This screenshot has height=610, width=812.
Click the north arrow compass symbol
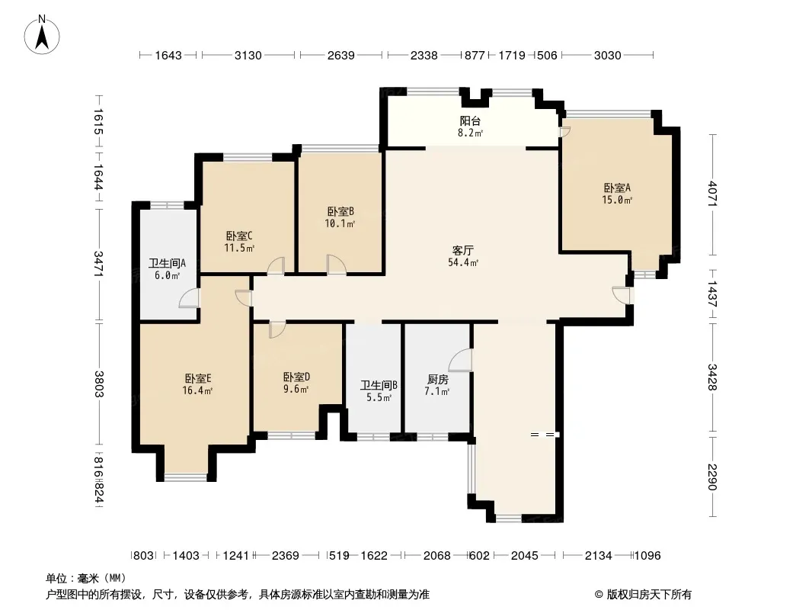point(42,35)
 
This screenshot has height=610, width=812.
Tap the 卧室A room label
point(617,188)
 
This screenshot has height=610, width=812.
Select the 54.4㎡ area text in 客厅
point(463,263)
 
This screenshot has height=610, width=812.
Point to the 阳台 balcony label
point(470,120)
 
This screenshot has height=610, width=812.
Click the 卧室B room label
point(340,211)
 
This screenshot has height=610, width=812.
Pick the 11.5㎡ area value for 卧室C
point(239,249)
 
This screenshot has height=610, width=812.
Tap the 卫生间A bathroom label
point(167,263)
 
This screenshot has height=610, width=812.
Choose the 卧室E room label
point(198,378)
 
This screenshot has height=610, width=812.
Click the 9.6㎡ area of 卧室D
point(296,389)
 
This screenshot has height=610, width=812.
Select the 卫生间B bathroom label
point(379,385)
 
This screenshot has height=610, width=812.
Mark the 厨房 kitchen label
point(437,380)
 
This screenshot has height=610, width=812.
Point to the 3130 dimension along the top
point(248,55)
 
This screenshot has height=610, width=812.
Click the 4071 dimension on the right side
point(712,194)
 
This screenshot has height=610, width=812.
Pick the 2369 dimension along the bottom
point(286,556)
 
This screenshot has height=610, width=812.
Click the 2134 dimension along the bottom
point(598,556)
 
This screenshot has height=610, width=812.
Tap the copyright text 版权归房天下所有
point(649,595)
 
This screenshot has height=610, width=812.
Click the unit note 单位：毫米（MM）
point(86,579)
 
